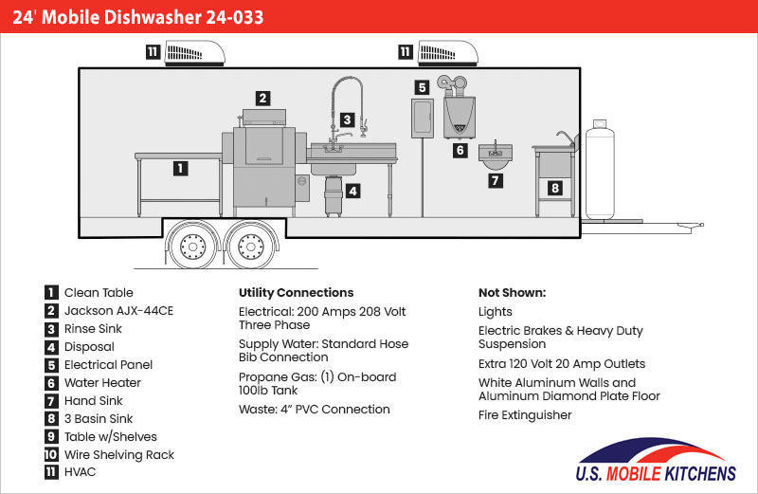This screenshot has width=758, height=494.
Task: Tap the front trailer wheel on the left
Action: (193, 247)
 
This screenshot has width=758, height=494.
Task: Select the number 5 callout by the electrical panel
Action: (423, 87)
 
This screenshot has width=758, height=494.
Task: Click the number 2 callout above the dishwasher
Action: (263, 97)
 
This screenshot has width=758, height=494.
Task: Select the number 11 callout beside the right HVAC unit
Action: (406, 52)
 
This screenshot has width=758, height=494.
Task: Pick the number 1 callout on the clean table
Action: (180, 169)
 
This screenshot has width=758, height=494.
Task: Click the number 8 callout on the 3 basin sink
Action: (554, 189)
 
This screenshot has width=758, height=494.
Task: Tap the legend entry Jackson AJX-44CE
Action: (118, 310)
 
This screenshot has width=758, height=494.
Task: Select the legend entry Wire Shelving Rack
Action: (118, 454)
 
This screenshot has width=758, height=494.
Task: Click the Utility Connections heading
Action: (296, 292)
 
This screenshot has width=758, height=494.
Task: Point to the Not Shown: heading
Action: (512, 292)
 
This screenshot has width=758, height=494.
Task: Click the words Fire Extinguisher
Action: (525, 415)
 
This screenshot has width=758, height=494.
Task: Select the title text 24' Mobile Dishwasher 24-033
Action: (138, 17)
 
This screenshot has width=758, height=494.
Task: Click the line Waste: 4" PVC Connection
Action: (314, 410)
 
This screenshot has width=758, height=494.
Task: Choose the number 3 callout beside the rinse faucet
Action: (348, 119)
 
